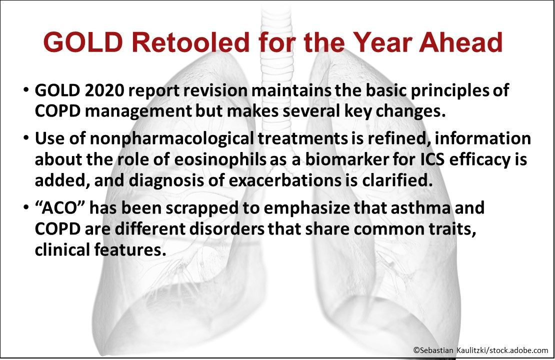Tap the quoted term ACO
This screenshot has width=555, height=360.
(53, 207)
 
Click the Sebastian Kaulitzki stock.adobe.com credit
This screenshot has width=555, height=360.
(480, 350)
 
